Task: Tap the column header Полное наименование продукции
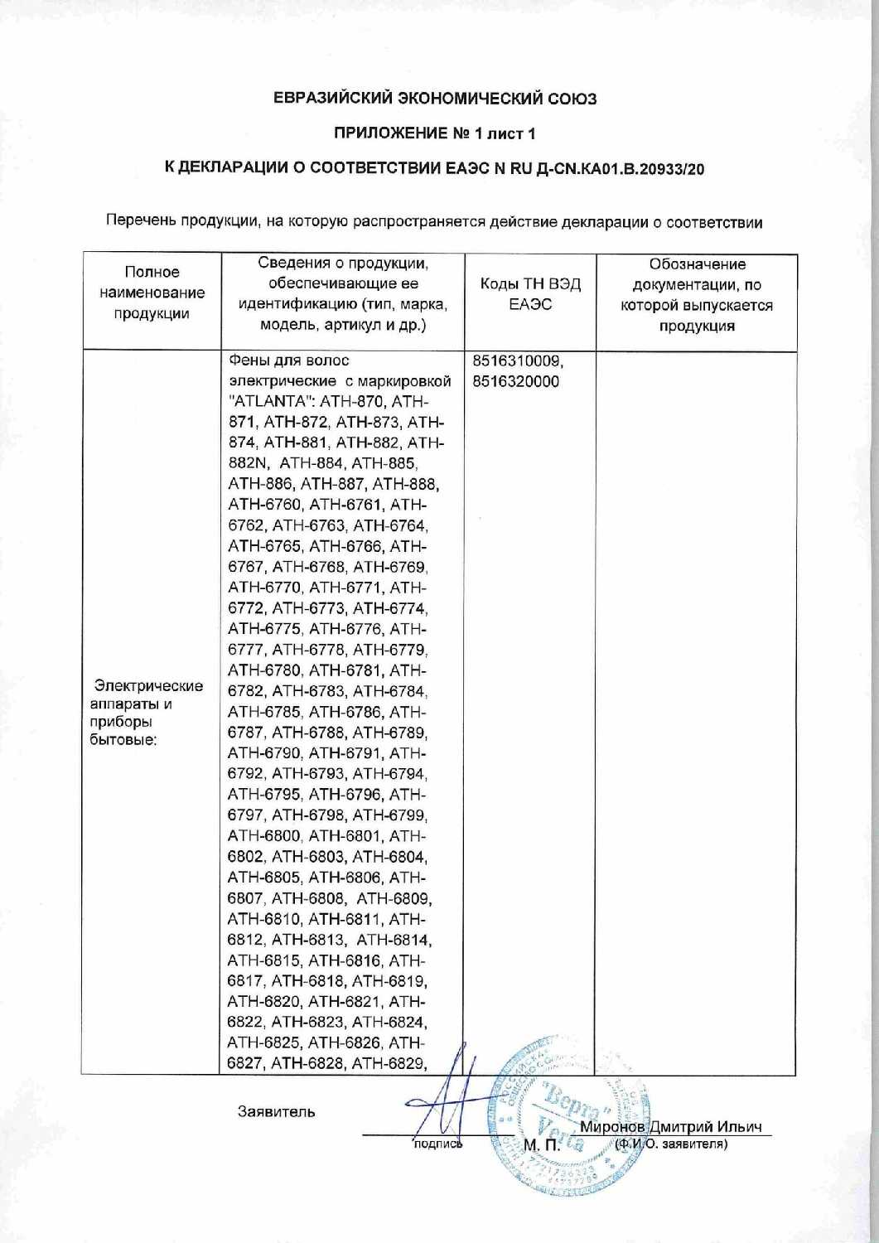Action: [x=152, y=293]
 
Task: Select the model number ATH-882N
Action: [x=249, y=463]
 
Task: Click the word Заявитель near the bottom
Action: [x=276, y=1111]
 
